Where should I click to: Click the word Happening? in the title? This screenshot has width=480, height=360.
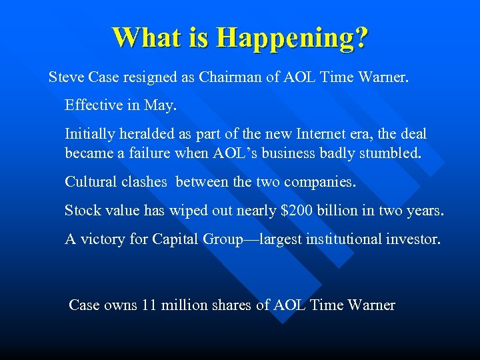pos(291,37)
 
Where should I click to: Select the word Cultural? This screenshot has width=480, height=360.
pos(90,181)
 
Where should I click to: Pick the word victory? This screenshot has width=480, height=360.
pos(102,239)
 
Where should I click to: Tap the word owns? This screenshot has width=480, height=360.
pos(121,305)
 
